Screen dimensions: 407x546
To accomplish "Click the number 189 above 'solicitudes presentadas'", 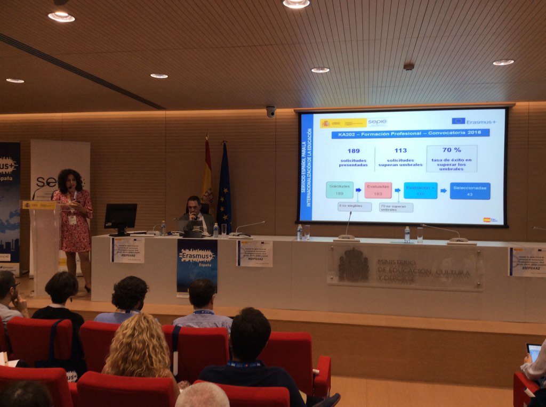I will pos(354,151).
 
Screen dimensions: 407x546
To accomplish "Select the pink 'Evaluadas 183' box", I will pos(378,190).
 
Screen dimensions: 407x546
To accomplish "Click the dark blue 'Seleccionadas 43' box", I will pos(470,191).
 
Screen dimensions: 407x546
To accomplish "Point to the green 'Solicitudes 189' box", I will pos(340,190).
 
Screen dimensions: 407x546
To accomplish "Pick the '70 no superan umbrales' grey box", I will pos(396,207).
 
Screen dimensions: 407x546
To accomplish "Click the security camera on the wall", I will pos(271,111).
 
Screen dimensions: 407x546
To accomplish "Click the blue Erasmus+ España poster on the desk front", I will pos(197,265).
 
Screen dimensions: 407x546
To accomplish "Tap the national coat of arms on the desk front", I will pos(353,265).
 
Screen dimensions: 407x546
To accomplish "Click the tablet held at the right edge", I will pos(534,352).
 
